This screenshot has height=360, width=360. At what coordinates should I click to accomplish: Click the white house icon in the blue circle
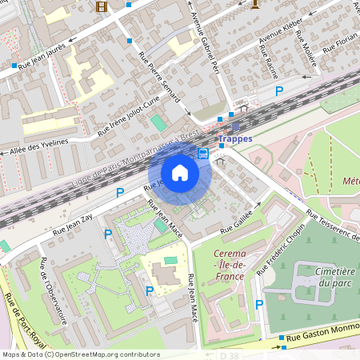180,173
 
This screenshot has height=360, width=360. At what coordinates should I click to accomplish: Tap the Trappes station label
235,138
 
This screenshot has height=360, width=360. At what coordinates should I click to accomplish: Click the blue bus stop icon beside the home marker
203,153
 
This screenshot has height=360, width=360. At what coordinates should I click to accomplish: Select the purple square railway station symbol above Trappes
234,126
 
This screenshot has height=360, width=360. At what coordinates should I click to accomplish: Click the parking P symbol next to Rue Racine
279,91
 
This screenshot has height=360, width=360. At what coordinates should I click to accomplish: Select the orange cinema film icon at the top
102,6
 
